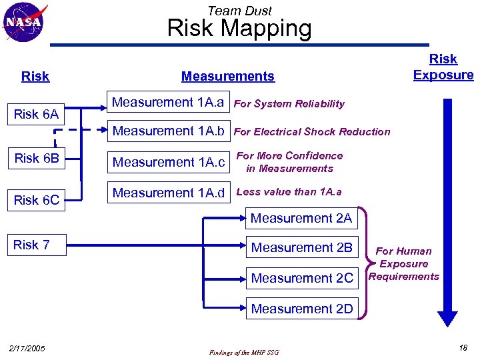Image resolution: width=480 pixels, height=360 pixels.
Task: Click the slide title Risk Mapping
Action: pyautogui.click(x=239, y=29)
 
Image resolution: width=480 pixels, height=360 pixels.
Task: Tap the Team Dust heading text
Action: pyautogui.click(x=239, y=10)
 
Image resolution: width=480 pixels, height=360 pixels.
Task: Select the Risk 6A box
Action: pyautogui.click(x=36, y=114)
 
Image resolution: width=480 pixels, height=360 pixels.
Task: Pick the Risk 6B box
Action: pyautogui.click(x=36, y=159)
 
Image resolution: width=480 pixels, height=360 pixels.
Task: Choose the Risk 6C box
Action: pyautogui.click(x=36, y=200)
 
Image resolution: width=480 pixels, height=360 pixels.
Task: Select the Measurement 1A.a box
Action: pyautogui.click(x=167, y=103)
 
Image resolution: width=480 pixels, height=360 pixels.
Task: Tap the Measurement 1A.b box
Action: pyautogui.click(x=167, y=131)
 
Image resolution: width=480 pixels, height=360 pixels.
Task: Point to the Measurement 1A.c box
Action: pyautogui.click(x=169, y=162)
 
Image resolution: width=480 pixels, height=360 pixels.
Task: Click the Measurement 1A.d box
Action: pyautogui.click(x=169, y=193)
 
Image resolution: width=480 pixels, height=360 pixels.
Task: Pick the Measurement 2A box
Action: pyautogui.click(x=301, y=219)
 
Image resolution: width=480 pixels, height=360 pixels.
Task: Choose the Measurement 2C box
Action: pyautogui.click(x=302, y=278)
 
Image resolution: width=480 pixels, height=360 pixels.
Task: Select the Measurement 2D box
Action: pyautogui.click(x=302, y=309)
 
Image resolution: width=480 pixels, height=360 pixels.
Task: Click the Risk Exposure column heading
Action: pyautogui.click(x=443, y=67)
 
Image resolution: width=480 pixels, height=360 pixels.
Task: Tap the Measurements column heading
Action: pyautogui.click(x=227, y=77)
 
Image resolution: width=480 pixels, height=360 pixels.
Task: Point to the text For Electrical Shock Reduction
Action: pyautogui.click(x=312, y=132)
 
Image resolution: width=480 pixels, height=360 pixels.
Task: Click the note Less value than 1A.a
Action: pyautogui.click(x=289, y=192)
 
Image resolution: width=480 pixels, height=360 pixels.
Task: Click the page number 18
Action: pyautogui.click(x=463, y=348)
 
